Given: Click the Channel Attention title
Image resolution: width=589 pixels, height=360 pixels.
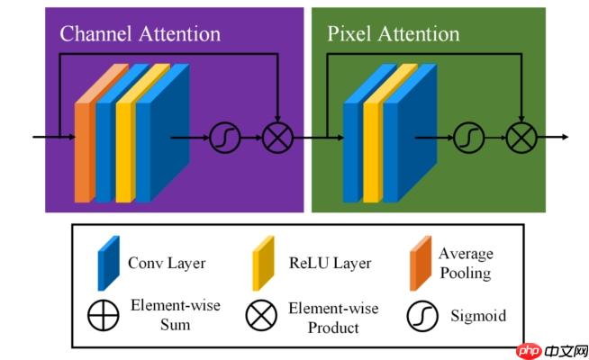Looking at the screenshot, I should tap(140, 34).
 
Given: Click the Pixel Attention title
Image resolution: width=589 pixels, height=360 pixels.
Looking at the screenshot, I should tap(393, 34).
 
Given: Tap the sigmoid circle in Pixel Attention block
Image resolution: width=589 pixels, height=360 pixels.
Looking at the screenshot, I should tap(467, 138).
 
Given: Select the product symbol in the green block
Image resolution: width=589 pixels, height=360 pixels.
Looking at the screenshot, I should tap(521, 138).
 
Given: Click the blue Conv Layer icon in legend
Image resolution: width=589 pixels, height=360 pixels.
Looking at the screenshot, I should tap(108, 262).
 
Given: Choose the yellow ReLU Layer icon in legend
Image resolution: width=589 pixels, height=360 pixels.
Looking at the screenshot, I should tap(262, 262).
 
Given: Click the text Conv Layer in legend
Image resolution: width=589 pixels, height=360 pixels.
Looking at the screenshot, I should tap(167, 264).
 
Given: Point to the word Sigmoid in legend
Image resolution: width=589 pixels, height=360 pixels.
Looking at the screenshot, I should tap(477, 316).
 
